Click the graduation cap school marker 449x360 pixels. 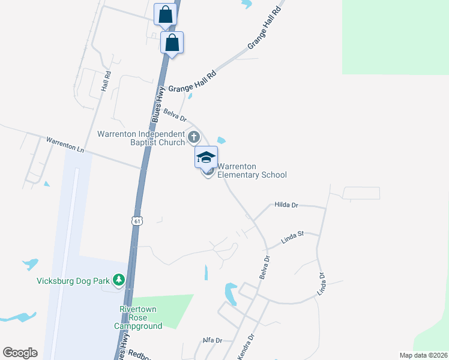[x=206, y=158]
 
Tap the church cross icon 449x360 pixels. [x=193, y=137]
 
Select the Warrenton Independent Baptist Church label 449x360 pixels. [x=142, y=138]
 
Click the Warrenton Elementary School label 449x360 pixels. [x=252, y=171]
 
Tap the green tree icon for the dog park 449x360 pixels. [x=119, y=280]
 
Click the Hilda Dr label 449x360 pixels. [x=286, y=205]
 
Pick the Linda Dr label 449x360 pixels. [x=321, y=284]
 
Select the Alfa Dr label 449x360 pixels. [x=212, y=340]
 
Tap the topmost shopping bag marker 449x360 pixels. [x=165, y=14]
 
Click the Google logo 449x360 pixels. [x=20, y=353]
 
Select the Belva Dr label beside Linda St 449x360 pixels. [x=265, y=266]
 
